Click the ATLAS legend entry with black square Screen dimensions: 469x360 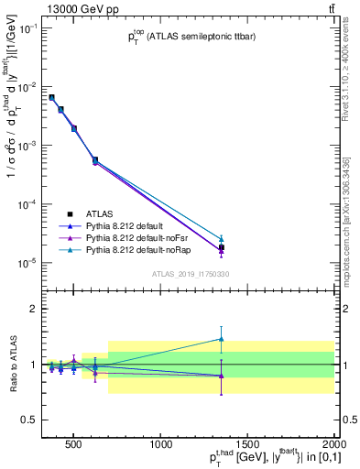coord(92,213)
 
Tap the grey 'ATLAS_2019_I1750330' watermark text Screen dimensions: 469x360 coord(191,273)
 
